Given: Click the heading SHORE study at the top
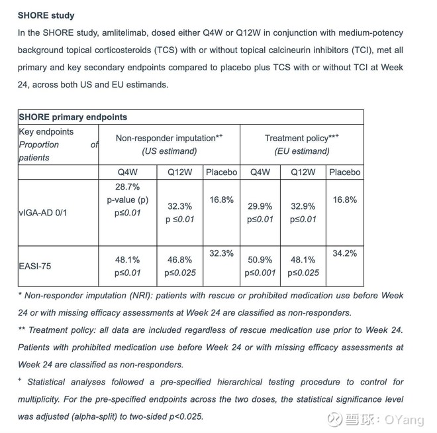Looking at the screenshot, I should pyautogui.click(x=46, y=15).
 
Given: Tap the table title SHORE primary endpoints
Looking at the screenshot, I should pyautogui.click(x=73, y=117).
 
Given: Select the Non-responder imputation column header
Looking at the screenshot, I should pyautogui.click(x=169, y=138).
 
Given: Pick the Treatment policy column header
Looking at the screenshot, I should pyautogui.click(x=301, y=138).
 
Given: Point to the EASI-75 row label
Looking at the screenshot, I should pyautogui.click(x=35, y=267).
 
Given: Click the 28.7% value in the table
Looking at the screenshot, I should pyautogui.click(x=127, y=187).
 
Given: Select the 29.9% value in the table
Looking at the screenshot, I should pyautogui.click(x=260, y=206).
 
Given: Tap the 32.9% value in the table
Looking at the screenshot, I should pyautogui.click(x=304, y=206).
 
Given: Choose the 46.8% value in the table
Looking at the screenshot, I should pyautogui.click(x=179, y=260).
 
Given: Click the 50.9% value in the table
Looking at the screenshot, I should pyautogui.click(x=260, y=260).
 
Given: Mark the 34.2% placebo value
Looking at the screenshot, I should pyautogui.click(x=344, y=253).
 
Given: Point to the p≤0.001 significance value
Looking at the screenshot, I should pyautogui.click(x=260, y=273).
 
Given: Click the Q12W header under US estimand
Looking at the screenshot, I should pyautogui.click(x=179, y=172).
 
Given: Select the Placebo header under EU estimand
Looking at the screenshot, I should pyautogui.click(x=344, y=172).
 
